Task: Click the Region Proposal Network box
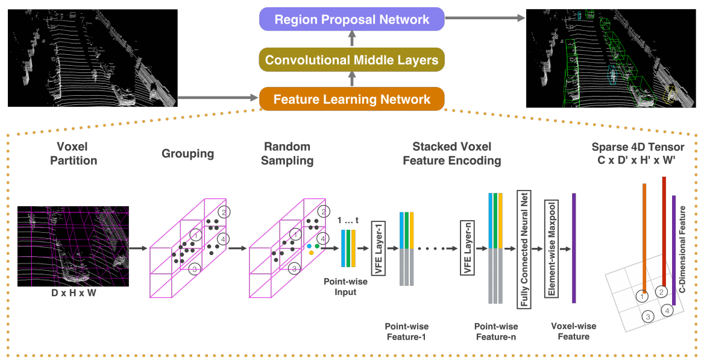[x=352, y=19]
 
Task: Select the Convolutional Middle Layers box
[x=352, y=60]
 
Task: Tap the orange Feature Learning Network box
[x=352, y=99]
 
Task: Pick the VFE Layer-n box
[x=467, y=248]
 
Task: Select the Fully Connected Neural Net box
[x=523, y=248]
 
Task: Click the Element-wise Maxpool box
[x=550, y=248]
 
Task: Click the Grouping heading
[x=187, y=154]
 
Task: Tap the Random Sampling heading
[x=288, y=153]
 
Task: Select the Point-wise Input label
[x=340, y=286]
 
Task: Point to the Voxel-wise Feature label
[x=573, y=331]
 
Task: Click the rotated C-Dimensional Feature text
[x=683, y=249]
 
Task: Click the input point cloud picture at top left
[x=93, y=58]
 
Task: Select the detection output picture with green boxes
[x=610, y=58]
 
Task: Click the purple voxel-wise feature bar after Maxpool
[x=574, y=248]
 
